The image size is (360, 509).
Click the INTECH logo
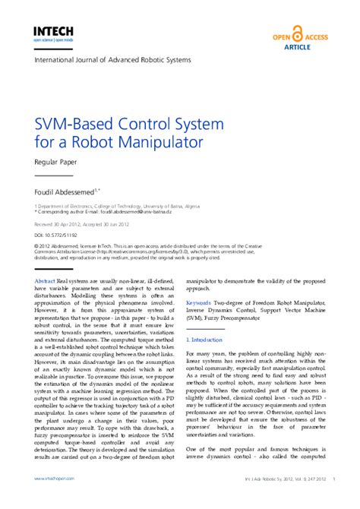coord(52,30)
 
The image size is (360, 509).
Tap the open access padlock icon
coord(297,34)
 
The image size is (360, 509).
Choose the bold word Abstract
coord(45,281)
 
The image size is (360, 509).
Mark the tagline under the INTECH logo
coord(52,40)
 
